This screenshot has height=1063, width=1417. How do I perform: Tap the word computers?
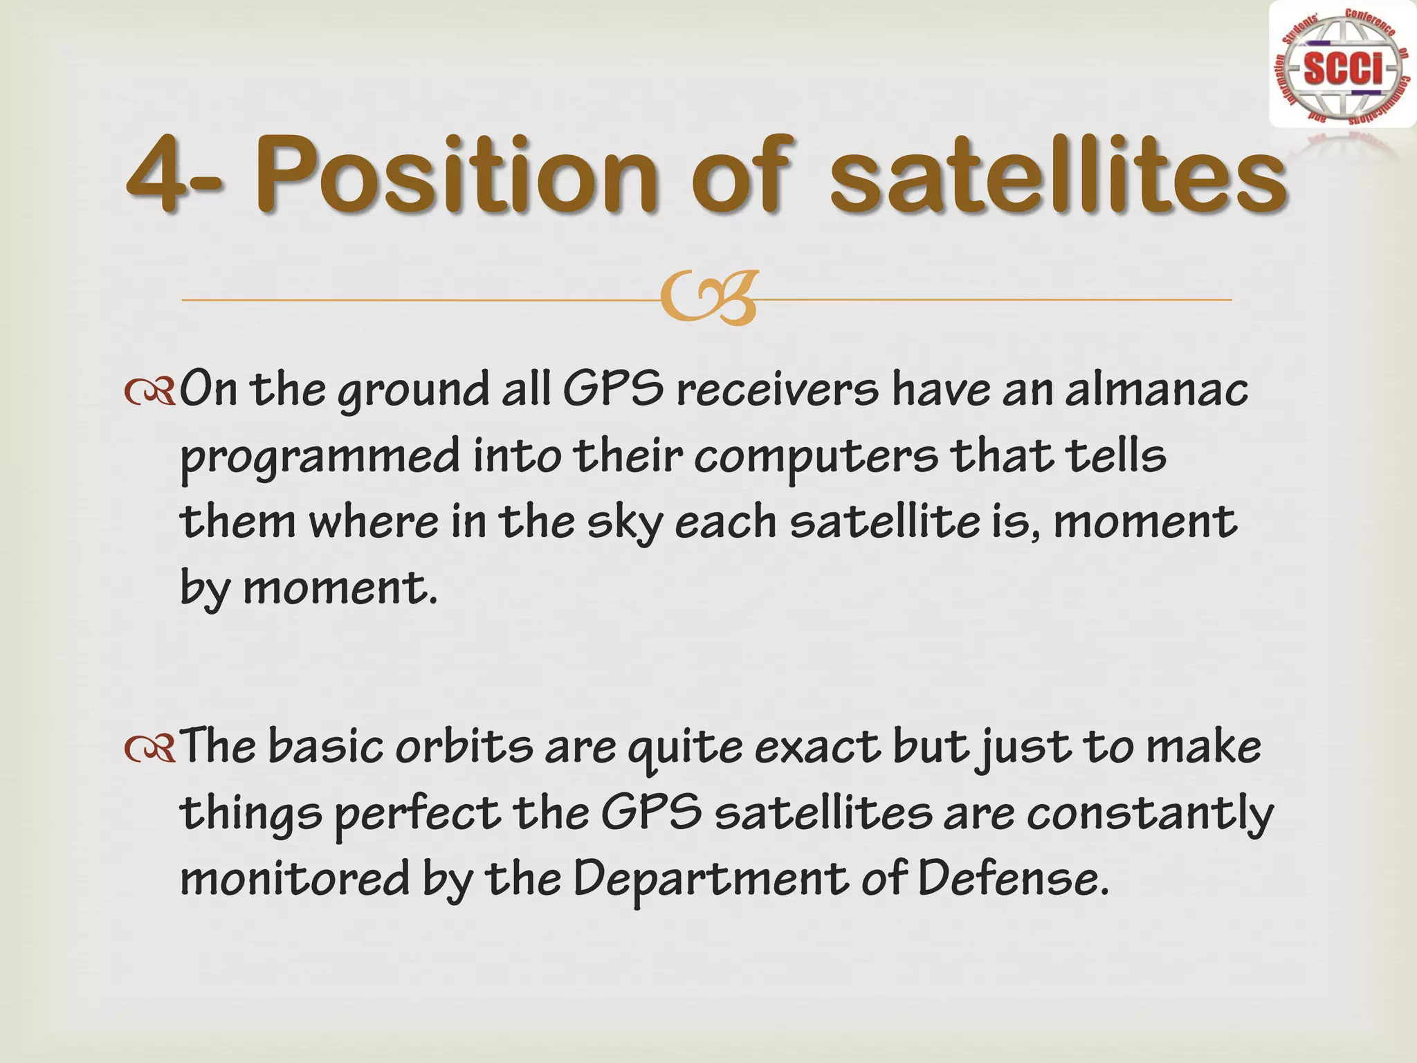(x=816, y=457)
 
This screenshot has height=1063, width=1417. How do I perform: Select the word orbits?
(x=464, y=747)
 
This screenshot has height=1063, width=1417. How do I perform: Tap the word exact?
(x=817, y=747)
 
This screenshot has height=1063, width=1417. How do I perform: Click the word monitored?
(x=295, y=879)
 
